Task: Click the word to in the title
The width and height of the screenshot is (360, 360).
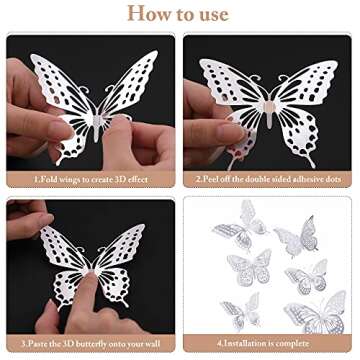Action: point(184,14)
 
